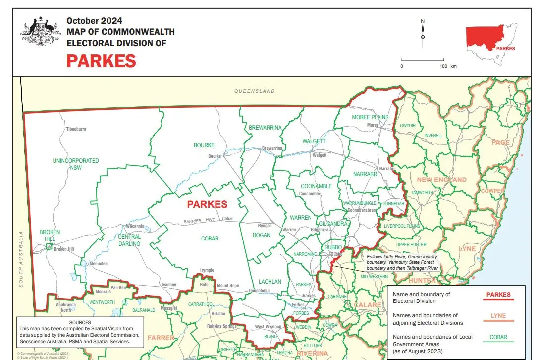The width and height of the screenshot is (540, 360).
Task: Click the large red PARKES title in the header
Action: click(x=101, y=61)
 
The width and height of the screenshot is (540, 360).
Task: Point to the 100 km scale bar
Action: click(x=422, y=61)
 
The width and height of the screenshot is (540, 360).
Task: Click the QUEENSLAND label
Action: click(x=255, y=91)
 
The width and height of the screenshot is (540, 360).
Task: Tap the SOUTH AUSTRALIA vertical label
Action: click(x=21, y=258)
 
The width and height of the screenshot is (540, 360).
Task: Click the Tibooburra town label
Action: click(x=76, y=129)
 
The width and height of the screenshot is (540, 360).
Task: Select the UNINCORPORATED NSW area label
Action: click(x=76, y=164)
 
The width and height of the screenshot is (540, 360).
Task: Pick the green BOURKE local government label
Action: click(x=204, y=145)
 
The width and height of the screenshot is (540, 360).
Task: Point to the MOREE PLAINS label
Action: click(x=370, y=117)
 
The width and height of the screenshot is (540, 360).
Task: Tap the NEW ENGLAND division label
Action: click(x=441, y=180)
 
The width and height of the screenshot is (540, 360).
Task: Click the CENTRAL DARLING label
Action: click(x=129, y=240)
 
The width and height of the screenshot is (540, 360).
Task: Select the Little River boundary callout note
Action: click(x=402, y=262)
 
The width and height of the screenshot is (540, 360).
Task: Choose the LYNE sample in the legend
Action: click(x=498, y=316)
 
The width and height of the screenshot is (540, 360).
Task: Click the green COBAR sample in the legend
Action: click(x=498, y=337)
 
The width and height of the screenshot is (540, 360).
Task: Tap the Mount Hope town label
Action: click(x=228, y=286)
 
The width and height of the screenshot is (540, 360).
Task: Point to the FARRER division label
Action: click(x=161, y=338)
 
